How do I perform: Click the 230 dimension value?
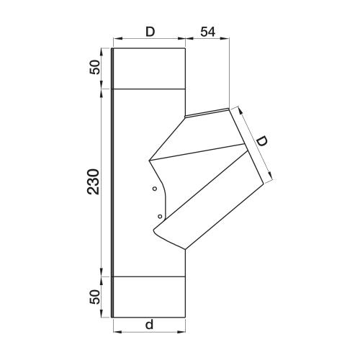(x=94, y=181)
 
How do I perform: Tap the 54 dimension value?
(x=208, y=32)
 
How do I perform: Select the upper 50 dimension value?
(x=94, y=67)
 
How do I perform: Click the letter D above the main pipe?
(x=150, y=32)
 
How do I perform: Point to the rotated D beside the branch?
(x=262, y=141)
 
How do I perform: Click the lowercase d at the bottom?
(x=149, y=325)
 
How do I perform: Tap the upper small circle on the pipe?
(x=155, y=189)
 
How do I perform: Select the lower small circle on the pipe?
(x=160, y=217)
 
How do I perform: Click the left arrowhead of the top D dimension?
(x=117, y=38)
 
